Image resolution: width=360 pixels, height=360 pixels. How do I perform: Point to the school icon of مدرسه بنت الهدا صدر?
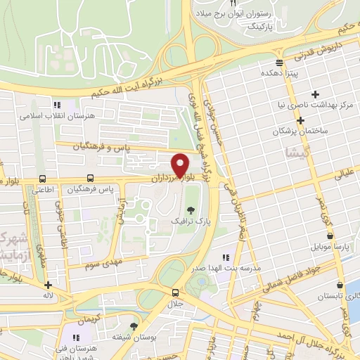pyautogui.click(x=225, y=258)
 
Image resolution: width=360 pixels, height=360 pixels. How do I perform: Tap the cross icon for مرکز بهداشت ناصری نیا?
pyautogui.click(x=315, y=94)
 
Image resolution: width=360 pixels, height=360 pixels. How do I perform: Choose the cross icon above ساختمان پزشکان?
pyautogui.click(x=300, y=120)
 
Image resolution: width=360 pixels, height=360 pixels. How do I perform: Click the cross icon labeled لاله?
pyautogui.click(x=48, y=285)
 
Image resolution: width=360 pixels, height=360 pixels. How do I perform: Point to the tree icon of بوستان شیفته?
pyautogui.click(x=134, y=326)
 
